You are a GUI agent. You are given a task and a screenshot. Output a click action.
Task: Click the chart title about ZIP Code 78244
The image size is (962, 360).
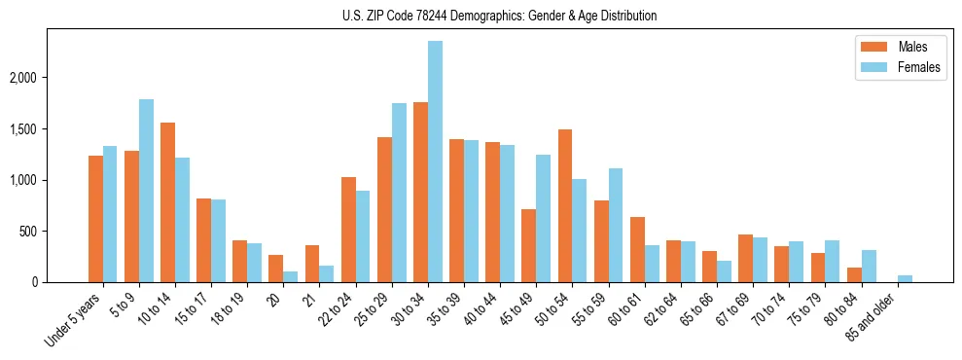coord(500,16)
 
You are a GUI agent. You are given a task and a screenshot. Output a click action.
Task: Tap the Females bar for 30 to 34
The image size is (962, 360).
coord(435,162)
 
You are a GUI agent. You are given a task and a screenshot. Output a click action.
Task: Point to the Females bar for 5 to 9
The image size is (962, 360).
coord(146,191)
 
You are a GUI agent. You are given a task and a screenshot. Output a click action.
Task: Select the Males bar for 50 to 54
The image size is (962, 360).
coord(565,206)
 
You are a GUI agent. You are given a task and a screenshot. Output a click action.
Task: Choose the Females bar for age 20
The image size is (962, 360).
coord(290,277)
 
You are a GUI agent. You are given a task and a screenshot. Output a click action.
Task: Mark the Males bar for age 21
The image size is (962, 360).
coord(312,264)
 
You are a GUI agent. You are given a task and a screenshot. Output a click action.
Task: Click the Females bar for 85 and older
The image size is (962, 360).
coord(905,279)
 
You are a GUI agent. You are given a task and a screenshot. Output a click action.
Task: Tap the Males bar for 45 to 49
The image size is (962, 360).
coord(529,246)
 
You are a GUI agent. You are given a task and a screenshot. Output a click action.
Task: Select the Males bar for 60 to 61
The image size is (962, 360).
coord(637,250)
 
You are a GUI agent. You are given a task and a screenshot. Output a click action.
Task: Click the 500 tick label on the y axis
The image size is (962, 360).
coord(37,232)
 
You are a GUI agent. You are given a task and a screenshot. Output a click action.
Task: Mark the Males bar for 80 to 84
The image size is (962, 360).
coord(854,275)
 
